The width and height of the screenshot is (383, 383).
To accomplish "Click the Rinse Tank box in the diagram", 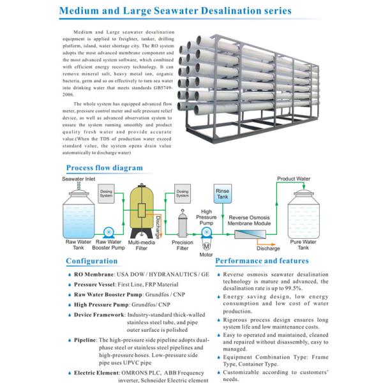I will point(223,194).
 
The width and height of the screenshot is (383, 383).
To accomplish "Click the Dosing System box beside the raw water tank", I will point(107,195).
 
